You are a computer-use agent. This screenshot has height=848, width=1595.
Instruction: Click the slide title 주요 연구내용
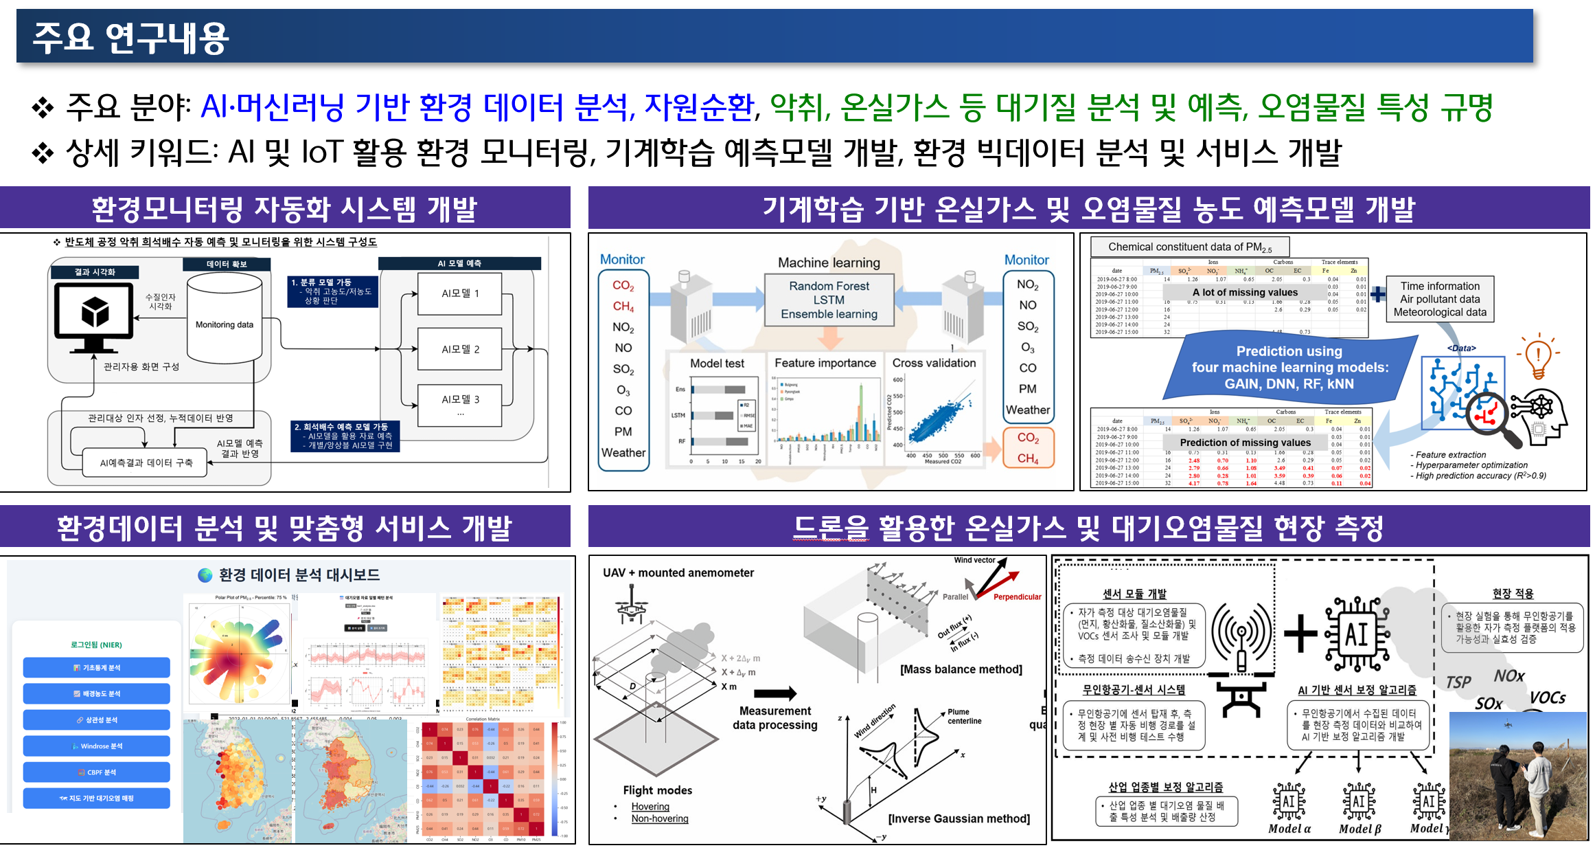(x=130, y=38)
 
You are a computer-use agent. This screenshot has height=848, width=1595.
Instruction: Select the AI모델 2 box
(x=460, y=349)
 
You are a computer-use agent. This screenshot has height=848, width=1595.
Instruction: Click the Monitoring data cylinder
(x=225, y=320)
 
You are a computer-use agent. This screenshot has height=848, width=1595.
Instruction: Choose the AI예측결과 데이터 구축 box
(x=146, y=463)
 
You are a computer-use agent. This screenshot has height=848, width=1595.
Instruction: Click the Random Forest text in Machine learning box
(x=829, y=286)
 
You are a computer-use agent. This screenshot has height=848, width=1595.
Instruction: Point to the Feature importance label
(x=825, y=363)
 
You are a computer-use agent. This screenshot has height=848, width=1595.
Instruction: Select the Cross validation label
(x=934, y=363)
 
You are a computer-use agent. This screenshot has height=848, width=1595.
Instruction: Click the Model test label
(x=717, y=363)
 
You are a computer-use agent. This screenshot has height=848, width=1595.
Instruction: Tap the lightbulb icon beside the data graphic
(x=1539, y=356)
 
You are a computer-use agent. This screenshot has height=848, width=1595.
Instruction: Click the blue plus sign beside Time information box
(x=1378, y=294)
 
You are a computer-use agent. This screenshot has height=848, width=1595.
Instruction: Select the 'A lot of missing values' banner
(x=1245, y=292)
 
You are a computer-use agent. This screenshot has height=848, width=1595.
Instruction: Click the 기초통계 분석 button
(x=97, y=667)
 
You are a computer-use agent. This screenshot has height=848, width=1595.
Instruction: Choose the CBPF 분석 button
(x=97, y=772)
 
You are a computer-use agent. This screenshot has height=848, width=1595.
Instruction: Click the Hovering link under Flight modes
(x=650, y=806)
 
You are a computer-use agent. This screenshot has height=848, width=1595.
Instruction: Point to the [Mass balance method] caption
(x=961, y=669)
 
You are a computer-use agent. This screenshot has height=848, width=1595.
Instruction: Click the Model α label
(x=1289, y=829)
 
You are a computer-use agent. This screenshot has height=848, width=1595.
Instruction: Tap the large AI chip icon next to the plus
(x=1357, y=634)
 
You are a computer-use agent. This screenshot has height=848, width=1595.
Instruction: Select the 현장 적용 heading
(x=1513, y=594)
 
